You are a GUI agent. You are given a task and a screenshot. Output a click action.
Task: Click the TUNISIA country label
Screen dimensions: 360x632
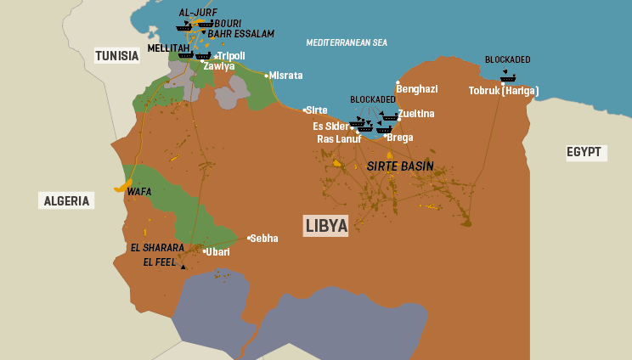(x=117, y=56)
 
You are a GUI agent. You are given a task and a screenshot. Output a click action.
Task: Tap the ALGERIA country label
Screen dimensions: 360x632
(x=65, y=201)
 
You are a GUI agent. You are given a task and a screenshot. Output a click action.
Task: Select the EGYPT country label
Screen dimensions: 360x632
(x=584, y=153)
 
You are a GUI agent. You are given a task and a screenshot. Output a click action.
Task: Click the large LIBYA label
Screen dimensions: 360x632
(x=326, y=226)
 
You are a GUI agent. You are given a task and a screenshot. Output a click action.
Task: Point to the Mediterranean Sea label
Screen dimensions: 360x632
(x=347, y=42)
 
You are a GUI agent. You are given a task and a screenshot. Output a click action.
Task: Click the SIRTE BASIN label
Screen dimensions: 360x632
(x=400, y=166)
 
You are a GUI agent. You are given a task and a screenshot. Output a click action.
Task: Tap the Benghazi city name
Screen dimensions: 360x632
(x=417, y=89)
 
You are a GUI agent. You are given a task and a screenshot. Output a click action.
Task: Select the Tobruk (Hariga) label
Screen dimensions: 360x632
(x=504, y=91)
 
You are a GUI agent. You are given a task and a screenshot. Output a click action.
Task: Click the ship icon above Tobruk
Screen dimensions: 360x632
(x=508, y=77)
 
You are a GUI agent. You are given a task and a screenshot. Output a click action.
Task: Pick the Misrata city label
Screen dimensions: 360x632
(x=286, y=76)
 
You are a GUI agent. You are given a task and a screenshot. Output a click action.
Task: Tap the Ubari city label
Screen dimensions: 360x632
(x=218, y=252)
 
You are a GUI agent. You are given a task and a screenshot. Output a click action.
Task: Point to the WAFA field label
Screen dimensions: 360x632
(x=139, y=192)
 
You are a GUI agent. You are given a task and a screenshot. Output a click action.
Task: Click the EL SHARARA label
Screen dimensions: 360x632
(x=157, y=248)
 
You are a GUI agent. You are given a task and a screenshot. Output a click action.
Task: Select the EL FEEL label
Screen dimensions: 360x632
(x=160, y=262)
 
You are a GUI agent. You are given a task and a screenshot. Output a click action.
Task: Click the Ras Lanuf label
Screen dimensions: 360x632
(x=341, y=138)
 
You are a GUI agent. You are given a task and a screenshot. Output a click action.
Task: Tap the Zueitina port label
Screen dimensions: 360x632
(x=417, y=114)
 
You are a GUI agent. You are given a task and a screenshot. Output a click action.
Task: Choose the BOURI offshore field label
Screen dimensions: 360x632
(x=228, y=23)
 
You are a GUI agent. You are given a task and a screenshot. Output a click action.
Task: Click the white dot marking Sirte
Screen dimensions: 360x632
(x=305, y=110)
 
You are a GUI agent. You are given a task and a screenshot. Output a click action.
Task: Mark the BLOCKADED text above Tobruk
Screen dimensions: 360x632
(x=507, y=59)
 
